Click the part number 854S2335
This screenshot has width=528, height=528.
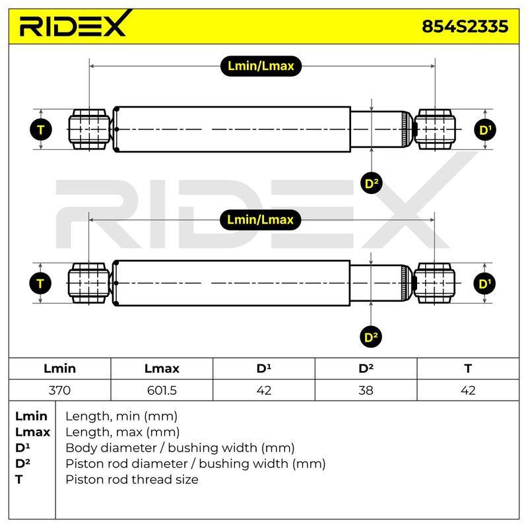click(x=465, y=26)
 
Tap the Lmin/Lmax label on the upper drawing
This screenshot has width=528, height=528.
click(x=261, y=65)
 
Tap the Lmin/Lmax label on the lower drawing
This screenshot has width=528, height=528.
click(x=260, y=220)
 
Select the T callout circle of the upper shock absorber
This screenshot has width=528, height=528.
click(x=41, y=129)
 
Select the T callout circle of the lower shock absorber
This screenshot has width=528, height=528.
click(x=40, y=284)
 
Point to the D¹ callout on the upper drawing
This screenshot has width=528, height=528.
click(x=485, y=129)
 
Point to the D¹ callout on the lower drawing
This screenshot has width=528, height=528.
click(x=484, y=284)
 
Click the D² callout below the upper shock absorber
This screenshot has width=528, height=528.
click(x=371, y=183)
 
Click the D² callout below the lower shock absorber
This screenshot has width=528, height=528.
click(x=371, y=337)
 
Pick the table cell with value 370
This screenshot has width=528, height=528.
click(x=59, y=390)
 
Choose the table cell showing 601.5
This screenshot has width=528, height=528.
click(x=162, y=390)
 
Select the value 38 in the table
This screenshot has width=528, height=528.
click(x=366, y=390)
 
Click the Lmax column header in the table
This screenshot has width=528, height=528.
click(x=162, y=368)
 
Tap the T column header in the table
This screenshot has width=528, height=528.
click(x=468, y=368)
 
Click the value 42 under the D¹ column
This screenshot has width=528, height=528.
click(x=263, y=390)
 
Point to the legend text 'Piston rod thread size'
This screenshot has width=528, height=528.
click(x=132, y=480)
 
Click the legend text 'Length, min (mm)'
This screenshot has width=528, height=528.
click(x=121, y=416)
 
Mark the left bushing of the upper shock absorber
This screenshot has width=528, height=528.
click(x=89, y=129)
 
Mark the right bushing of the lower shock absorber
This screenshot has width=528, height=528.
click(x=434, y=283)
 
